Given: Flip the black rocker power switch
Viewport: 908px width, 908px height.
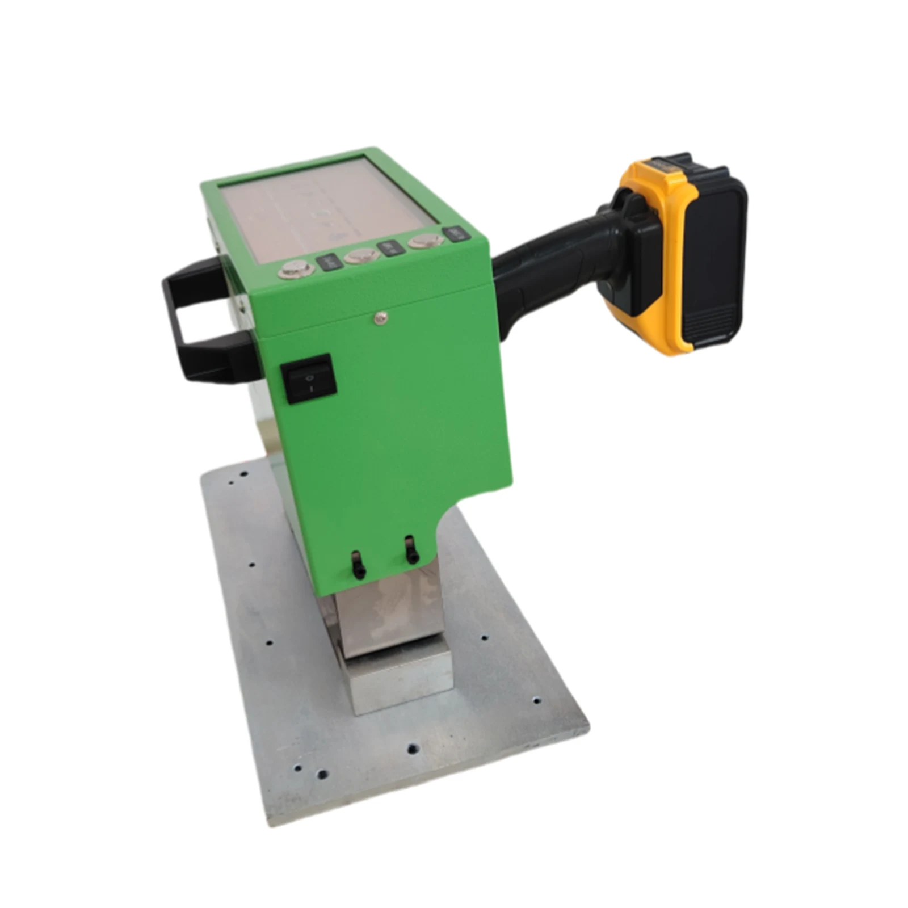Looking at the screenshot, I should click(309, 379).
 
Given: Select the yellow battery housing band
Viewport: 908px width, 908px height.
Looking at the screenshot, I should click(658, 182).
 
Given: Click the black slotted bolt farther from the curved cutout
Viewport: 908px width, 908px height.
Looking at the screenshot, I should click(357, 564).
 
